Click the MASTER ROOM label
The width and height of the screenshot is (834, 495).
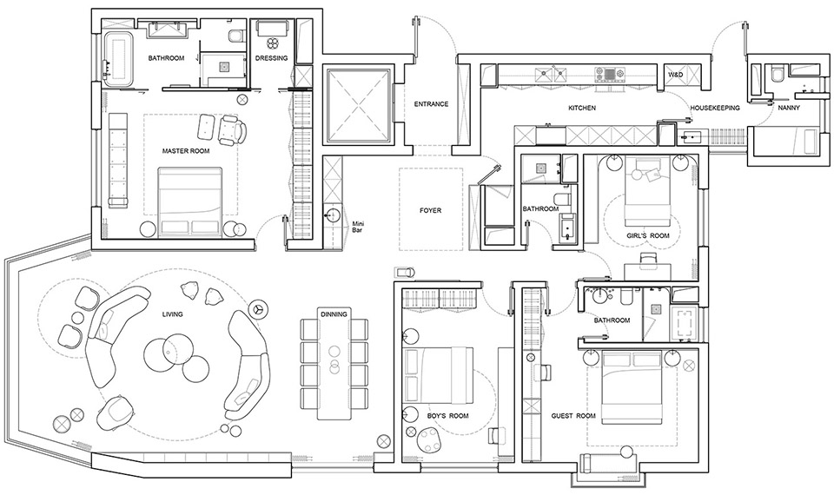pyautogui.click(x=186, y=151)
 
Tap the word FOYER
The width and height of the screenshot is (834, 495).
pyautogui.click(x=430, y=210)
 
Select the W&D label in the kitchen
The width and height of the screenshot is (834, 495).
pyautogui.click(x=676, y=76)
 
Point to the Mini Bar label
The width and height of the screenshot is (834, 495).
pyautogui.click(x=357, y=228)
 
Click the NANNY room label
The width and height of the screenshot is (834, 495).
pyautogui.click(x=789, y=108)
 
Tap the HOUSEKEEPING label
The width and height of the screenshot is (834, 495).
pyautogui.click(x=715, y=108)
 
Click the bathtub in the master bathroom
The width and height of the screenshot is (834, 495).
pyautogui.click(x=118, y=59)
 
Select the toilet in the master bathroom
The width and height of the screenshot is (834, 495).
pyautogui.click(x=235, y=36)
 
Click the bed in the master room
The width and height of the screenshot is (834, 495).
pyautogui.click(x=190, y=201)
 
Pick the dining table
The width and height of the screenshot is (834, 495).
pyautogui.click(x=334, y=363)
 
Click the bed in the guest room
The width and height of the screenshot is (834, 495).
pyautogui.click(x=632, y=387)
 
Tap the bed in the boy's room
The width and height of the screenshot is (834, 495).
pyautogui.click(x=438, y=374)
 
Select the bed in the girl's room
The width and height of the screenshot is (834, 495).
pyautogui.click(x=647, y=191)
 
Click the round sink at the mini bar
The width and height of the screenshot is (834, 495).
pyautogui.click(x=333, y=215)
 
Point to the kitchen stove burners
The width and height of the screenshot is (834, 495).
pyautogui.click(x=608, y=73)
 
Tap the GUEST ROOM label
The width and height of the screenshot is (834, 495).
pyautogui.click(x=573, y=416)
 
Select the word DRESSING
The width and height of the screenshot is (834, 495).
pyautogui.click(x=271, y=58)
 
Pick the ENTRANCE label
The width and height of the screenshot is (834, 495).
pyautogui.click(x=432, y=104)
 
